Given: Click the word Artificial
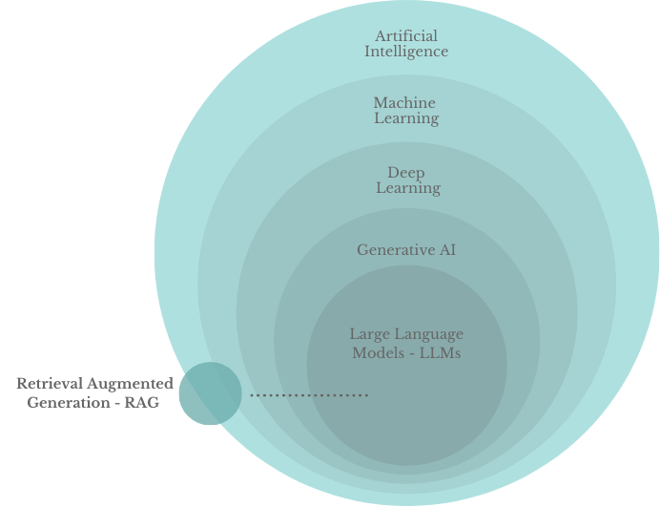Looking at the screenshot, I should [406, 36].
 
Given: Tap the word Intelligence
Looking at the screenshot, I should [406, 52].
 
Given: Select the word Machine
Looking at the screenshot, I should [404, 103].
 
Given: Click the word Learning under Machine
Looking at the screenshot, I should [406, 118].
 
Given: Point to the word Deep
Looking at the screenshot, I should [406, 173].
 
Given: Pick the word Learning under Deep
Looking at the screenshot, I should [408, 188].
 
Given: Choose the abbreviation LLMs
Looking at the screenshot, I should [442, 352].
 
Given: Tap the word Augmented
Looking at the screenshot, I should [133, 384].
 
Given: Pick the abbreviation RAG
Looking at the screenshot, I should [141, 403].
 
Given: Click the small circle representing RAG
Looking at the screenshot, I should [210, 393].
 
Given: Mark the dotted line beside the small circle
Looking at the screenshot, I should [309, 394].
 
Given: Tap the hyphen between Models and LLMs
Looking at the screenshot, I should [410, 352].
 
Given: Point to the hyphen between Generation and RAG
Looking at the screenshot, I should [117, 403].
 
